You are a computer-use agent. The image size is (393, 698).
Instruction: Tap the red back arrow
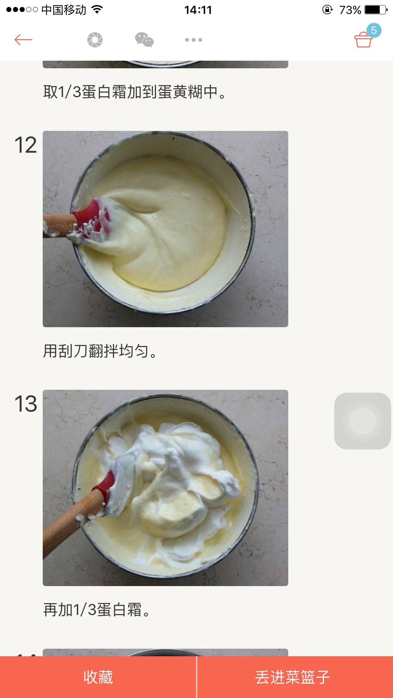pos(23,40)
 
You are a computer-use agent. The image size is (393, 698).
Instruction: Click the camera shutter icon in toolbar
pos(95,40)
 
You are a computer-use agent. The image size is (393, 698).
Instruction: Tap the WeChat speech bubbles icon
pos(144,40)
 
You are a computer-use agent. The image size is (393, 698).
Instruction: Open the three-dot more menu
pos(194,40)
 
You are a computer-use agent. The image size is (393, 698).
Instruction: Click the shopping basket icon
pos(363,40)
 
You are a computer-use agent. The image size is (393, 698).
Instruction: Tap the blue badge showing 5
pos(374,30)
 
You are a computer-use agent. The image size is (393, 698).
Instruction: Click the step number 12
pos(26,145)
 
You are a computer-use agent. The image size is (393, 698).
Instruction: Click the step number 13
pos(26,404)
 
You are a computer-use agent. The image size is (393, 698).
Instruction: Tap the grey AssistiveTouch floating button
pos(363,421)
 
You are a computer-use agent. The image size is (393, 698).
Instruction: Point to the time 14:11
pos(198,10)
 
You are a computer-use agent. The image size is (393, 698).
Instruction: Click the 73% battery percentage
pos(350,10)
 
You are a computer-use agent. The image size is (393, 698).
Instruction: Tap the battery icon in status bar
pos(376,10)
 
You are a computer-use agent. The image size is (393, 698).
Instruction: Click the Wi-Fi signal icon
pos(97,10)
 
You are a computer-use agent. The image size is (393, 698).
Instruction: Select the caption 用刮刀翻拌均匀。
pos(100,351)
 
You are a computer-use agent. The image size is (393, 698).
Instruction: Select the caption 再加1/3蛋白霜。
pos(97,610)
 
